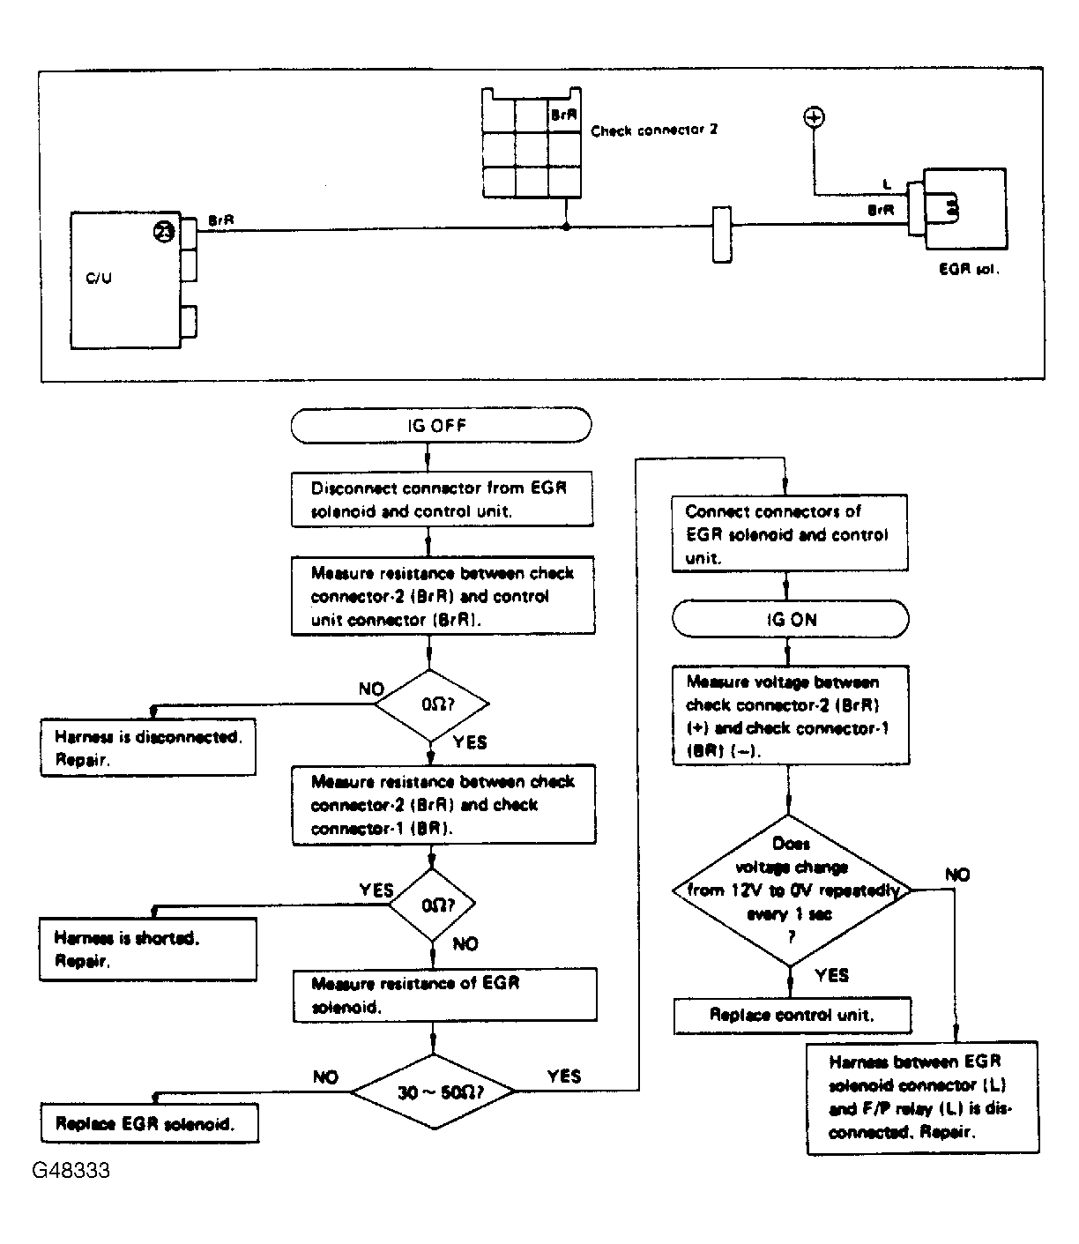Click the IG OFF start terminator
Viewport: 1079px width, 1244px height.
point(441,425)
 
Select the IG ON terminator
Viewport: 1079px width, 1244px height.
point(790,619)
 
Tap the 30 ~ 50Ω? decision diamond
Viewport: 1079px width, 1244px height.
point(434,1092)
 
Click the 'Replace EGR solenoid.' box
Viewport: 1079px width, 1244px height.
point(150,1123)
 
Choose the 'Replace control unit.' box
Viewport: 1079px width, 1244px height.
point(793,1016)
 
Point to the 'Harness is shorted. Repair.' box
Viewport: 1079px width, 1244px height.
point(148,950)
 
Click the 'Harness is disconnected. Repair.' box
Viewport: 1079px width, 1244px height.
point(148,748)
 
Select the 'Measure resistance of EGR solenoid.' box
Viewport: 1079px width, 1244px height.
point(445,995)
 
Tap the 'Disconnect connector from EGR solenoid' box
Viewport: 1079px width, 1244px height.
point(442,499)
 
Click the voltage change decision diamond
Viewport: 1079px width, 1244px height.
point(790,890)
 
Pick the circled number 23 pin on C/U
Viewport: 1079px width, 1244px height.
point(163,232)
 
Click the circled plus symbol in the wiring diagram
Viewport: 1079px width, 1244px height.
point(814,117)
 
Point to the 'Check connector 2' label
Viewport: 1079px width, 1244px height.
point(654,130)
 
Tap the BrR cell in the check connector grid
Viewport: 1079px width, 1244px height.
point(563,115)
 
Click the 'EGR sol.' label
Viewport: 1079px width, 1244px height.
point(969,269)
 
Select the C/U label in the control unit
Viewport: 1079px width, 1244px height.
point(99,278)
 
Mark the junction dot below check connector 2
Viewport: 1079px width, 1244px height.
point(566,227)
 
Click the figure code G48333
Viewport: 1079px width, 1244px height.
point(71,1171)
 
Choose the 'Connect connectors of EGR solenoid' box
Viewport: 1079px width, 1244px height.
point(790,533)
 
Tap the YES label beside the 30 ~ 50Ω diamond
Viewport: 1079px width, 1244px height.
point(564,1076)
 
